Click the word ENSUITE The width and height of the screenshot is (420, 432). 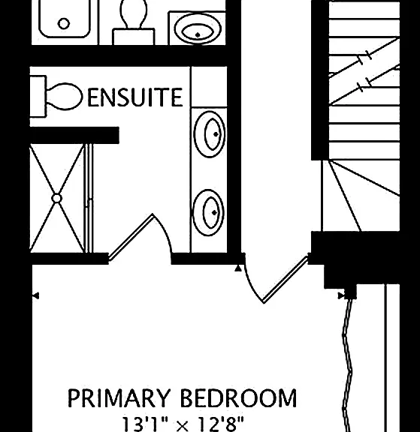[x=135, y=97]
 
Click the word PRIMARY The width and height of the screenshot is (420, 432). [x=119, y=398]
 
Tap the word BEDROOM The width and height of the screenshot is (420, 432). [x=238, y=398]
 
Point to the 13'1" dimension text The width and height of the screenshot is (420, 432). [x=145, y=424]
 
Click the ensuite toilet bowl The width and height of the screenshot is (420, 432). [x=65, y=97]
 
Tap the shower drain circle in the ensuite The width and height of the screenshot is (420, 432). [x=56, y=198]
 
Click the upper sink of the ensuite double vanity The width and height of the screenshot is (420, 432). [x=210, y=134]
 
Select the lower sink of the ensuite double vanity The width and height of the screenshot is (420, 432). [x=209, y=212]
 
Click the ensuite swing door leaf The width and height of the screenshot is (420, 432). [x=130, y=237]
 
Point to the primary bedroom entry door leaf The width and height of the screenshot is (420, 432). [x=286, y=280]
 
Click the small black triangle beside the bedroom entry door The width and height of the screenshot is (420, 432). [x=238, y=268]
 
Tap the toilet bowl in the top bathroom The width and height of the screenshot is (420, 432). [x=134, y=13]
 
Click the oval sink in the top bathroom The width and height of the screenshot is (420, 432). [x=198, y=28]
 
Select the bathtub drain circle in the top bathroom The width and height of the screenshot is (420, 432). [x=64, y=24]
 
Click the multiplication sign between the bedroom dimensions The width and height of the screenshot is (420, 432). [x=183, y=426]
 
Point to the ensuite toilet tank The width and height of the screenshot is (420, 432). [x=38, y=97]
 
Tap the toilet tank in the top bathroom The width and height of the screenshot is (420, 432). [x=134, y=36]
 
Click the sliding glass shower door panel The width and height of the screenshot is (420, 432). [x=89, y=198]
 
